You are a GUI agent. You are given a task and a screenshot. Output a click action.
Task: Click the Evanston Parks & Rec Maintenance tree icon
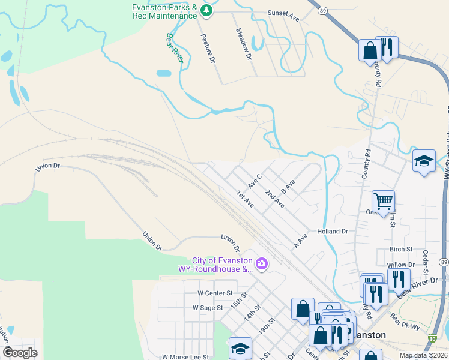tap(207, 10)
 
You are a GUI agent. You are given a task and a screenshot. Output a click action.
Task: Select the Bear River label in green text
tap(175, 47)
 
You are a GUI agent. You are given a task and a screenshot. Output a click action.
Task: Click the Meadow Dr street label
tap(244, 44)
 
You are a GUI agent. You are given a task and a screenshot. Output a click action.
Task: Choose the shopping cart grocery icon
tap(383, 201)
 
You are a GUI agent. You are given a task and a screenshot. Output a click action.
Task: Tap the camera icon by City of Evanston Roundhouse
tap(261, 263)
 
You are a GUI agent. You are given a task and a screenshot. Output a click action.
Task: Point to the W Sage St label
tap(208, 307)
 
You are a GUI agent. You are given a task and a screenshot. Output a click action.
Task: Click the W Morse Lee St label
tap(185, 356)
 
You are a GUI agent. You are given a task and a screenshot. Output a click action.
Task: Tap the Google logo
tap(20, 353)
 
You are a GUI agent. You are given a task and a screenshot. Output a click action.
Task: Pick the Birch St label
tap(401, 249)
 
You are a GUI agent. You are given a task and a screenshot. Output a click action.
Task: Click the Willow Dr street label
tap(401, 265)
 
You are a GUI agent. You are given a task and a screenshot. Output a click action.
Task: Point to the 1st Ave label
tap(245, 200)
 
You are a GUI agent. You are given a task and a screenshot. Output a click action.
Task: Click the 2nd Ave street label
tap(275, 200)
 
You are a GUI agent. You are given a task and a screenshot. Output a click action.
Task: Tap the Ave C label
tap(255, 181)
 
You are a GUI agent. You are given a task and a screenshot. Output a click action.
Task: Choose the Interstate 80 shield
tap(432, 339)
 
